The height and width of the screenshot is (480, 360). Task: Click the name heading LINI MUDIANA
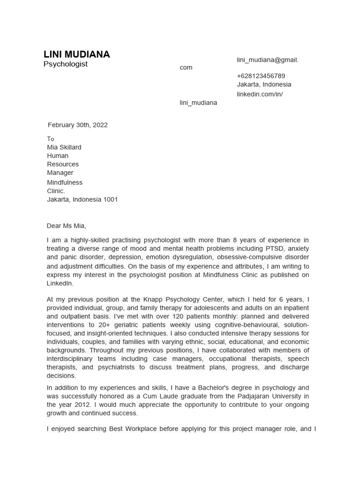(76, 54)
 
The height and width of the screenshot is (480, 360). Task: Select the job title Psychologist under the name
(65, 64)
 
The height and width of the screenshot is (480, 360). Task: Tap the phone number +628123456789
(261, 76)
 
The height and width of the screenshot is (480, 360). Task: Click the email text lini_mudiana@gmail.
(267, 60)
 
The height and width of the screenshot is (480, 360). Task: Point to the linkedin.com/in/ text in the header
(260, 94)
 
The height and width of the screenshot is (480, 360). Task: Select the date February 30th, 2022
(77, 125)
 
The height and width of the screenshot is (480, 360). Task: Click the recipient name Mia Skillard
(64, 147)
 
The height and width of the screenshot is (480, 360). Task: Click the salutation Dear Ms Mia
(66, 226)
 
